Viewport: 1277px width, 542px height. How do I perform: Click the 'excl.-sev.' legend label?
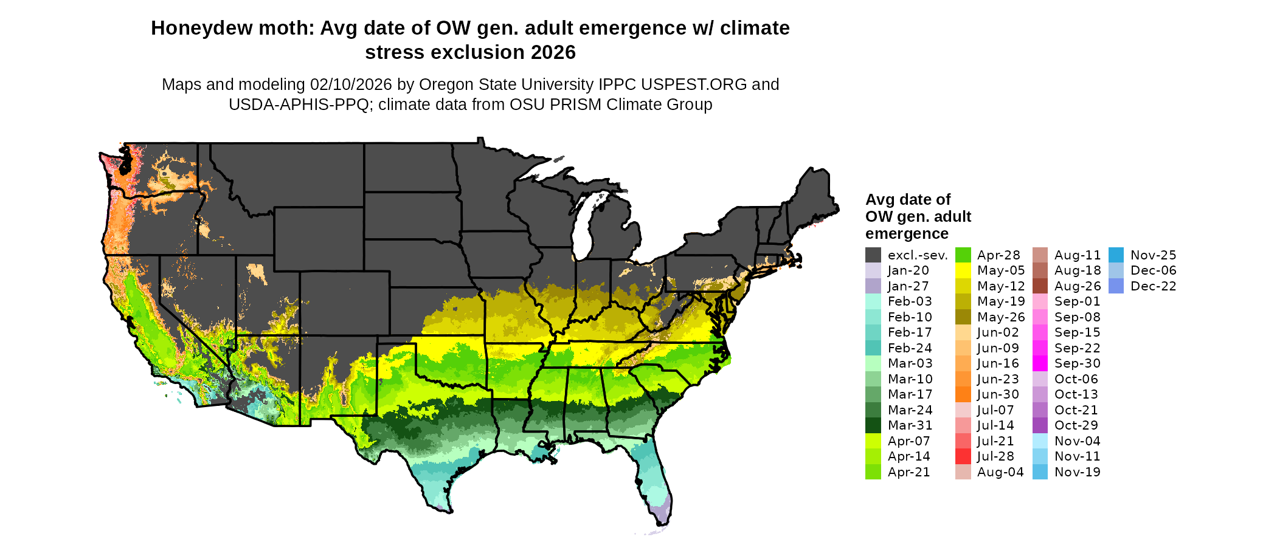[x=917, y=255]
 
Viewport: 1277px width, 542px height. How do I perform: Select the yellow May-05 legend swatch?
[x=963, y=270]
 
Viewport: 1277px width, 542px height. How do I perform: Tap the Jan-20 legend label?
[x=908, y=270]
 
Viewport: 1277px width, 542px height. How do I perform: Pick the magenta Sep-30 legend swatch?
[x=1040, y=363]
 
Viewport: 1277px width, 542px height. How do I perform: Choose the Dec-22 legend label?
[x=1153, y=286]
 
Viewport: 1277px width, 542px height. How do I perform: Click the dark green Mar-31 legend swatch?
[x=873, y=425]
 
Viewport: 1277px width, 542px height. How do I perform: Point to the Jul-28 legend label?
[x=995, y=456]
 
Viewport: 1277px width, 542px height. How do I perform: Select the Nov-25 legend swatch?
[x=1116, y=255]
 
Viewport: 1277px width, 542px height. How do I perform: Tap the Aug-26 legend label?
[x=1078, y=286]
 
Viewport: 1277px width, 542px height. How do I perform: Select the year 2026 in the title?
[x=553, y=53]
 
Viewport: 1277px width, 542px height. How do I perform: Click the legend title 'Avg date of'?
[x=907, y=200]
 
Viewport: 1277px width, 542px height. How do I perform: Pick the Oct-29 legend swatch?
[x=1040, y=425]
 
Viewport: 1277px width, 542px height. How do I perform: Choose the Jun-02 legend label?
[x=997, y=332]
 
